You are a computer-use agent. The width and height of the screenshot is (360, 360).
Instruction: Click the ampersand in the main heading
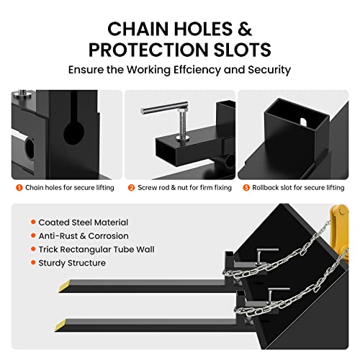[245, 29]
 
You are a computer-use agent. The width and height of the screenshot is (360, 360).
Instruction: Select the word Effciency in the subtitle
[197, 70]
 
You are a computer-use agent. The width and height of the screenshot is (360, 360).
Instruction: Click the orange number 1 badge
[19, 188]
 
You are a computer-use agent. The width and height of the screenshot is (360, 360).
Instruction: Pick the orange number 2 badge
[131, 188]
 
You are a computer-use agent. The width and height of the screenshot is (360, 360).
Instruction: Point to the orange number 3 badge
[246, 188]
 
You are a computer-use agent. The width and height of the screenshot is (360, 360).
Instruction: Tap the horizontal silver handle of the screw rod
[164, 107]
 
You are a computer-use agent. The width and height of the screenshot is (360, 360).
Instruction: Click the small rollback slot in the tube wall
[303, 122]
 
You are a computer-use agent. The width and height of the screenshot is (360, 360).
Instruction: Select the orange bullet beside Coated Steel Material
[33, 222]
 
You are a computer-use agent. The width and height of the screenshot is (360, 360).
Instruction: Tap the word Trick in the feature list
[48, 249]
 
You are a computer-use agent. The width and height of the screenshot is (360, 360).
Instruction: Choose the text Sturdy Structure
[72, 263]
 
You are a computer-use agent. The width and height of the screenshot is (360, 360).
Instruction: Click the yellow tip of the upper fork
[65, 286]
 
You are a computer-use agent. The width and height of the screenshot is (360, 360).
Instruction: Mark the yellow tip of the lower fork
[60, 325]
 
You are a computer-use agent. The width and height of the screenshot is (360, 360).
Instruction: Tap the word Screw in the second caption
[146, 188]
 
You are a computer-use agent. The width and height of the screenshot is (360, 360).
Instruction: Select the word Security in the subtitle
[269, 70]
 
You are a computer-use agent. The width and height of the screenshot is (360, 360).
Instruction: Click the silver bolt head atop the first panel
[22, 93]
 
